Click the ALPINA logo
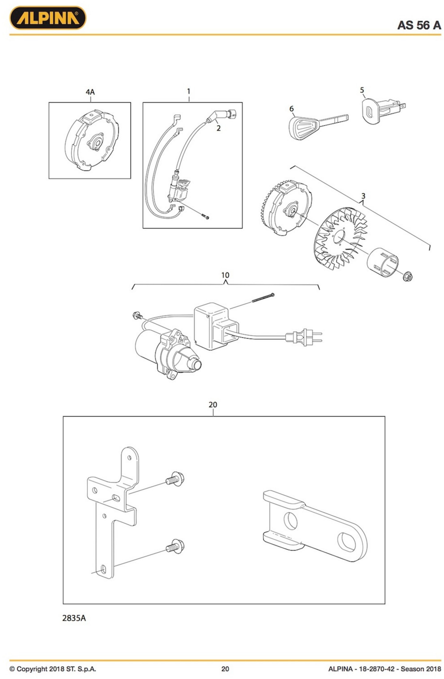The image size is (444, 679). pos(48,18)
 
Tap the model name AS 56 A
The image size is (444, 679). pos(419,25)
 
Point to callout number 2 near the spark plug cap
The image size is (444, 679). pos(218,128)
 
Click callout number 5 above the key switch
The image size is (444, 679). pos(362,90)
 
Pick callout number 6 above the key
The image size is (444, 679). pos(291,109)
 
